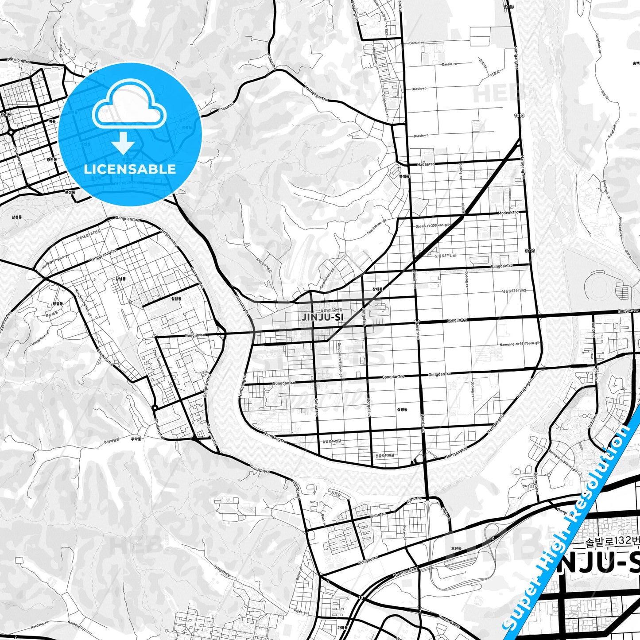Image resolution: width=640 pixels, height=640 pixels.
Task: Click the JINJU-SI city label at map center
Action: (x=322, y=317)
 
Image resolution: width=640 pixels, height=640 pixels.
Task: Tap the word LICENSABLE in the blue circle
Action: (x=130, y=169)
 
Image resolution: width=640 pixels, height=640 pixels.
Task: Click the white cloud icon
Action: (x=129, y=105)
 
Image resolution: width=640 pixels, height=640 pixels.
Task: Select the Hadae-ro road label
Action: (x=426, y=164)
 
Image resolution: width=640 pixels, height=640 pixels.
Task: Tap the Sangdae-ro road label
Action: (x=501, y=266)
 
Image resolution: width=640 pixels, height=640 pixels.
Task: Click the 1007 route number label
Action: (x=5, y=115)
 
